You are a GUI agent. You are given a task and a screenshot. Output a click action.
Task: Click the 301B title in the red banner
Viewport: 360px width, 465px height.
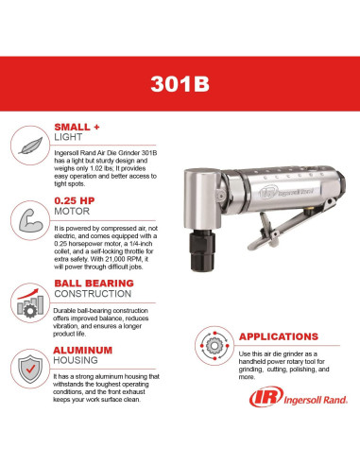click(x=179, y=81)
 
